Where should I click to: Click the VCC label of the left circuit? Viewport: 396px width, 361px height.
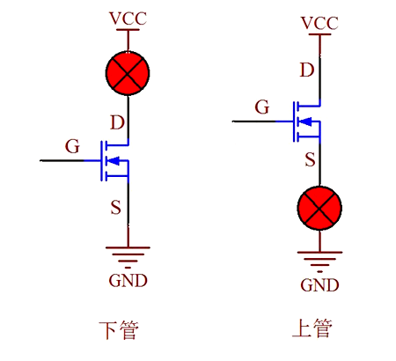(128, 18)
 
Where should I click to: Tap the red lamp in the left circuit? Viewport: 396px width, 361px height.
(128, 73)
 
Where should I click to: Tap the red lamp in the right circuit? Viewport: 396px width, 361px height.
(319, 209)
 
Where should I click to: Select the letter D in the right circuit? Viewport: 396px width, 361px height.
(306, 70)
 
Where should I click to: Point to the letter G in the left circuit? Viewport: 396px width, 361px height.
(72, 144)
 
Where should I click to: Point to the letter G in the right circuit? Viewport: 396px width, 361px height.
(261, 107)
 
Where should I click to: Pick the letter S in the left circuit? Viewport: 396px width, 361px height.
(116, 208)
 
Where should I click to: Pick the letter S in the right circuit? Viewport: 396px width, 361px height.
(310, 159)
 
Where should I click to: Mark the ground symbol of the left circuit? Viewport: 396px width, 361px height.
(128, 255)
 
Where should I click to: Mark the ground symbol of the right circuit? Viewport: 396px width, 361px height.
(319, 259)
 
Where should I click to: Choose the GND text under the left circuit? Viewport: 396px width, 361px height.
(128, 281)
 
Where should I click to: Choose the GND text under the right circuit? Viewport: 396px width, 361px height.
(319, 284)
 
